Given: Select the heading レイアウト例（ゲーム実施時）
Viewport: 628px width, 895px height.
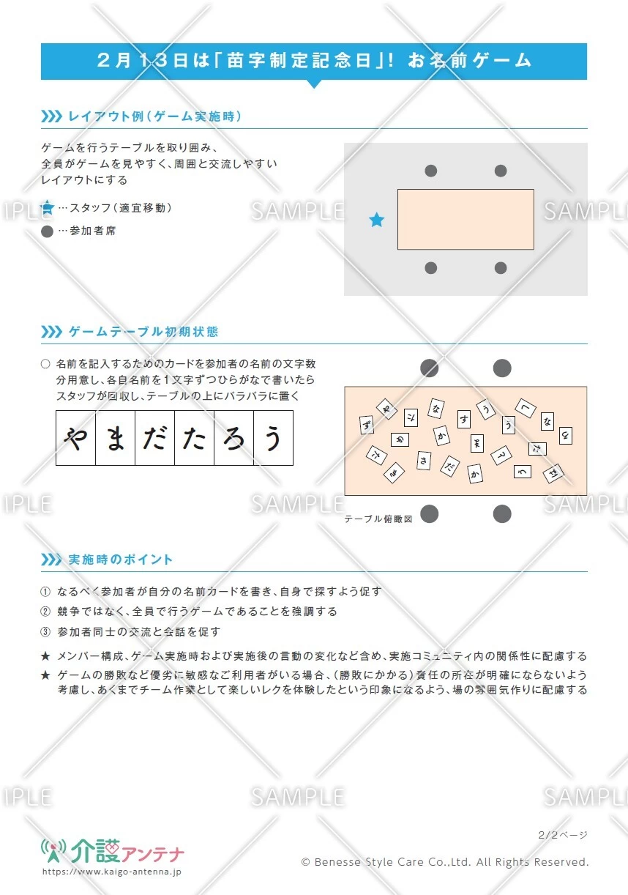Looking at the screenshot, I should click(x=154, y=116).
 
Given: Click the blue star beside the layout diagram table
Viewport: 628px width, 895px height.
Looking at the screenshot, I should click(x=376, y=220).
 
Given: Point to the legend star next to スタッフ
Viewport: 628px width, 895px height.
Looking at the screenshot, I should click(x=48, y=208).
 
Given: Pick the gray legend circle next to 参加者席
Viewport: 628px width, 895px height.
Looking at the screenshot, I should click(x=48, y=231).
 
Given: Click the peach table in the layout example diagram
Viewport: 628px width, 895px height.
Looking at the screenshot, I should click(x=466, y=219).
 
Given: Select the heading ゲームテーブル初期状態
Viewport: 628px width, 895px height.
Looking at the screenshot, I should click(x=143, y=332).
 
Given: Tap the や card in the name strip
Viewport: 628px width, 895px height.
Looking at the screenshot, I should click(x=76, y=438).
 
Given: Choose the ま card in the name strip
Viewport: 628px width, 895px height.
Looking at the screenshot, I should click(x=116, y=438).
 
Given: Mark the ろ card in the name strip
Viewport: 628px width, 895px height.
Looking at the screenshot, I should click(x=233, y=438).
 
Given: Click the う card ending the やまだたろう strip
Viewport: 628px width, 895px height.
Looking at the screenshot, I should click(x=273, y=438).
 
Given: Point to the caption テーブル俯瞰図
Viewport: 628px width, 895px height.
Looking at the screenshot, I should click(x=378, y=519).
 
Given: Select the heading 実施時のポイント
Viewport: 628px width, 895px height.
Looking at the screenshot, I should click(x=121, y=560).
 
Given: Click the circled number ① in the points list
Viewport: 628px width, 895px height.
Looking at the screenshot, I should click(x=45, y=592).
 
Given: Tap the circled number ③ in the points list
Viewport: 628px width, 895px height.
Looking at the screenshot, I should click(x=45, y=631).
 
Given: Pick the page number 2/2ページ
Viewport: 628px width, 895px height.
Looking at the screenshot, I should click(x=562, y=834).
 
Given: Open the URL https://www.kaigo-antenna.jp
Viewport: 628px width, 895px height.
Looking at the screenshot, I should click(x=112, y=872).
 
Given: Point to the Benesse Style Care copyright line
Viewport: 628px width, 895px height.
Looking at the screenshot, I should click(x=445, y=862).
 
